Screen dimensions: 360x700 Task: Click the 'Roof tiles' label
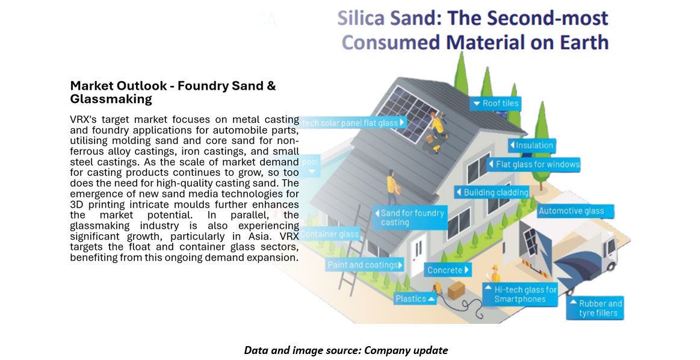tap(495, 104)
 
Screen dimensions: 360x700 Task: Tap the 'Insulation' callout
tap(531, 145)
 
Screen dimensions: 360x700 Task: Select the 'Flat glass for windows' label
tap(533, 164)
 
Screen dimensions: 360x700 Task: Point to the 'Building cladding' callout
tap(492, 193)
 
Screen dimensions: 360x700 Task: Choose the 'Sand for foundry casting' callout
tap(412, 217)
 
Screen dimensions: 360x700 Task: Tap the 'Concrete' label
tap(448, 270)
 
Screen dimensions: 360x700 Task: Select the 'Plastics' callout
tap(415, 299)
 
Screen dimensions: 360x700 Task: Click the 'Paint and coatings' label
tap(365, 265)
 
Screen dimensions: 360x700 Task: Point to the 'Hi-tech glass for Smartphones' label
tap(521, 294)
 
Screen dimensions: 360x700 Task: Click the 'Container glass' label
tap(330, 234)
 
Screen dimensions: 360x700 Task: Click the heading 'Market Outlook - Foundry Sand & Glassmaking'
tap(173, 92)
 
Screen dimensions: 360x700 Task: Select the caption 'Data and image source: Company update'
tap(345, 350)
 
